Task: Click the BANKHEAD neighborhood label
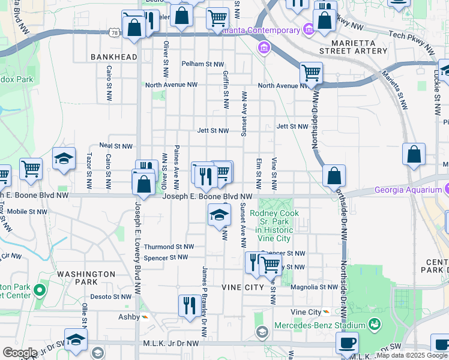click(114, 57)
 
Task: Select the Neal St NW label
click(115, 146)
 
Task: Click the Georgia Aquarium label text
click(408, 190)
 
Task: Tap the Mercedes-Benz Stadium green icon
click(375, 325)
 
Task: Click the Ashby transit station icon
click(143, 317)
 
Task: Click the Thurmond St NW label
click(169, 247)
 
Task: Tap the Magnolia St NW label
click(314, 287)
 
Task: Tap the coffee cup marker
click(347, 343)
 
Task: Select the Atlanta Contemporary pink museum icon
click(309, 29)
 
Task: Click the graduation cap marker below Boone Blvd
click(219, 215)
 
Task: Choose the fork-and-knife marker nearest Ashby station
click(189, 305)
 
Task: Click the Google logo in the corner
click(19, 353)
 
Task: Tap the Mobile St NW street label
click(27, 212)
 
